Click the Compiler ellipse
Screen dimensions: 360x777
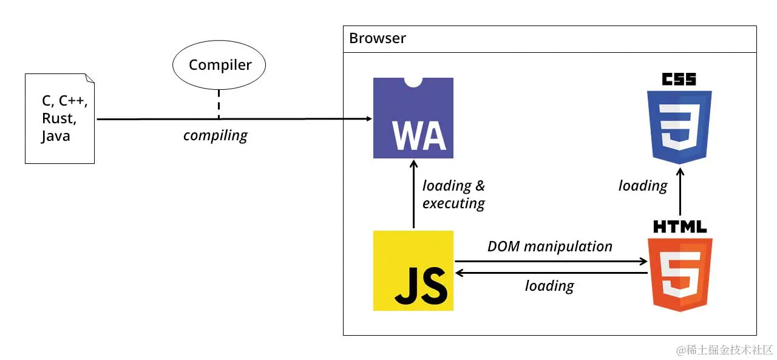(x=220, y=65)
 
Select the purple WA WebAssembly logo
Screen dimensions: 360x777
(x=413, y=118)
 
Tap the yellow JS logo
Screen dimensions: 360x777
(x=413, y=271)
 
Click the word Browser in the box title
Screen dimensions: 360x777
(x=377, y=39)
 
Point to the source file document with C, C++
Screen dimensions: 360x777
(x=59, y=118)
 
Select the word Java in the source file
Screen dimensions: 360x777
(x=55, y=136)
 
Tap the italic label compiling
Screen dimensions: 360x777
(x=215, y=135)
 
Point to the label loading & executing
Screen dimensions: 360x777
(x=453, y=194)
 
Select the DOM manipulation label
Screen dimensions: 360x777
(x=549, y=246)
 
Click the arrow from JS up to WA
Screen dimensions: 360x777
(x=413, y=194)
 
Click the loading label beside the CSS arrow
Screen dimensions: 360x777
(x=642, y=186)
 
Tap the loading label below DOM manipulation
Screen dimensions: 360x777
(x=549, y=285)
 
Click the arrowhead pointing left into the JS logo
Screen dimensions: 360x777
(x=460, y=273)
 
